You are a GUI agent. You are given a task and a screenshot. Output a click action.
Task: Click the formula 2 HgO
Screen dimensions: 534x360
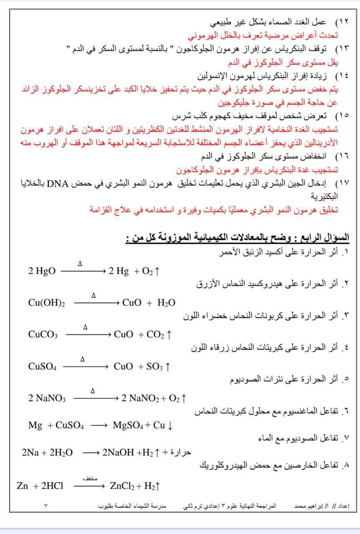42,271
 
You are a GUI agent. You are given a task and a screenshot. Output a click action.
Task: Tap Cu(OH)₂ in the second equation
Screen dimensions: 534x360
46,303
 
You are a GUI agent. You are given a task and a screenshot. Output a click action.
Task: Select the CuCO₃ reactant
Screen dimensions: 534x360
43,335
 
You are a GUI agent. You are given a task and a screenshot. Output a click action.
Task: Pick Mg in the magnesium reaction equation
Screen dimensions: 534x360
35,426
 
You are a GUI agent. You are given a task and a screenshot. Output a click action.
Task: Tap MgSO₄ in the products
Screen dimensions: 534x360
128,426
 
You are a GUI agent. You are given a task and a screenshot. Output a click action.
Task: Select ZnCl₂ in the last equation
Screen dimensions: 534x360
122,486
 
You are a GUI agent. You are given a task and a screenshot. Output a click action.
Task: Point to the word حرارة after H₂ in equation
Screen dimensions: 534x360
182,452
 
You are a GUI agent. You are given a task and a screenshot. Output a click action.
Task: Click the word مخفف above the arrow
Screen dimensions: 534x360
90,479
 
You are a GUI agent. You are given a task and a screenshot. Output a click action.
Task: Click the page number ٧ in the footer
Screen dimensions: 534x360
46,506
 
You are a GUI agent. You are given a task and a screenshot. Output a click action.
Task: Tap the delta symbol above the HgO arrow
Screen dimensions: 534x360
80,264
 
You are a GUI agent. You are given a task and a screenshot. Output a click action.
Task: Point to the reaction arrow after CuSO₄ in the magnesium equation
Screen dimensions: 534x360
98,426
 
